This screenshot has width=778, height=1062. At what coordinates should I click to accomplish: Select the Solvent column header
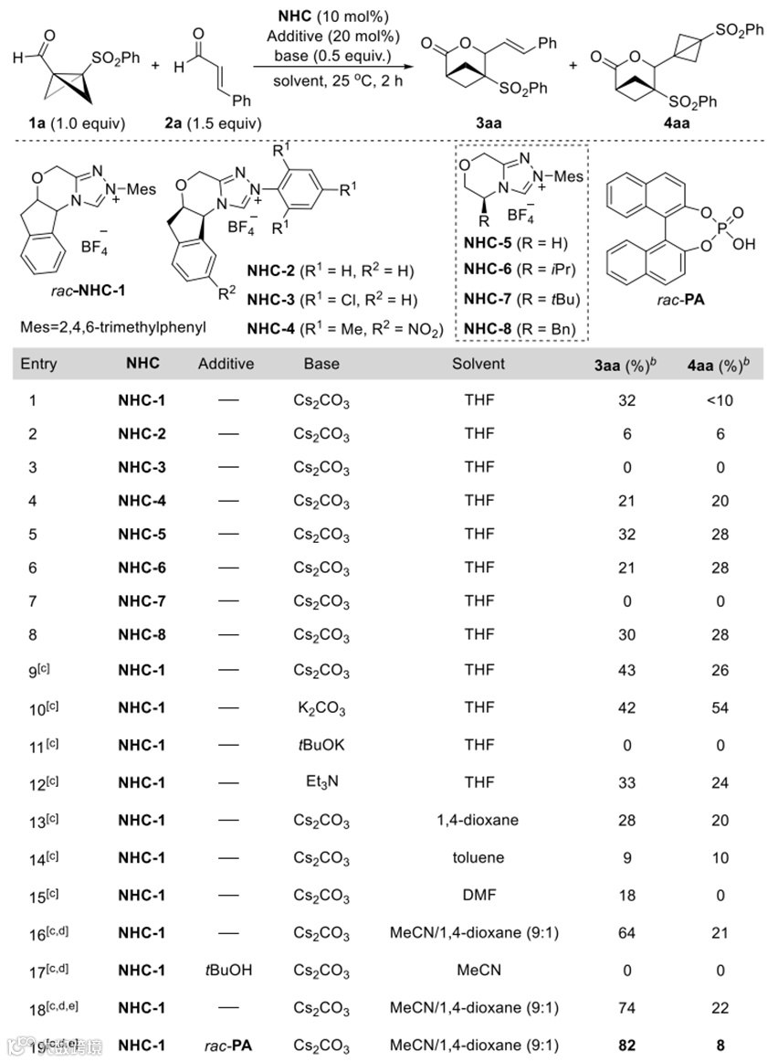point(478,364)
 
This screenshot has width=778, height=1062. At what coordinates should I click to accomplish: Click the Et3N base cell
point(321,782)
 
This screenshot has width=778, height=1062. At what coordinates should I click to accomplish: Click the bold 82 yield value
point(626,1046)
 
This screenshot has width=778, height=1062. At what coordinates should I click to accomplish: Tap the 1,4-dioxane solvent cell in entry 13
point(478,819)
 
